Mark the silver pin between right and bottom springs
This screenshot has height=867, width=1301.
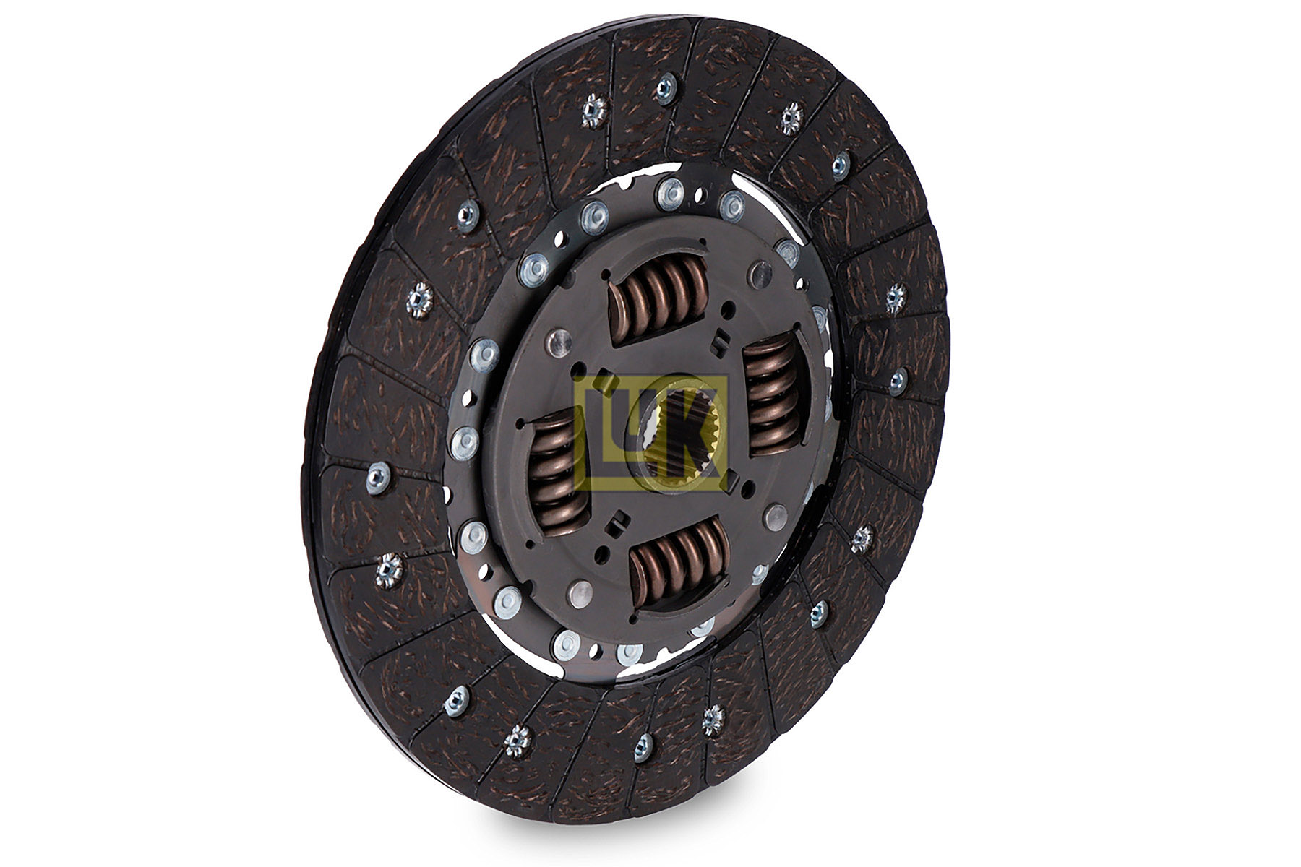coord(776,517)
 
